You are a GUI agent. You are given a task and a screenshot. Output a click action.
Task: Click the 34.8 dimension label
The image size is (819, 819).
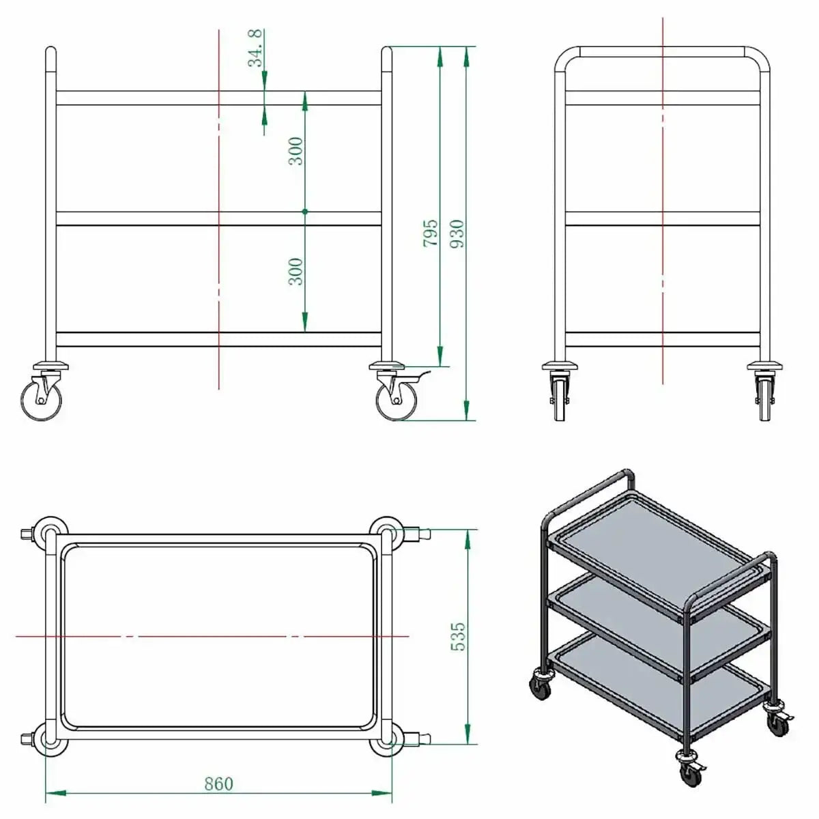(255, 48)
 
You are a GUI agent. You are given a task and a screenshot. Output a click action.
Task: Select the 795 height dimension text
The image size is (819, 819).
(431, 233)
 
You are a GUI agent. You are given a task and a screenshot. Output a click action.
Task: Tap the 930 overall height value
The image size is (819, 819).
(457, 233)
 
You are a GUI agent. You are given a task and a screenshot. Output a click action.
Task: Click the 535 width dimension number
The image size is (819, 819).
(458, 637)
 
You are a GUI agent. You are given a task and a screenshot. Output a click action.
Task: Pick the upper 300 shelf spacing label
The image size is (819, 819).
(296, 151)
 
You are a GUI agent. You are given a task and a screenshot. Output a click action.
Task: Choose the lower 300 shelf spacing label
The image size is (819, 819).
(296, 272)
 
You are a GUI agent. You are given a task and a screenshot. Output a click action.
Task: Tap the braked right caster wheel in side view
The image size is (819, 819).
(396, 400)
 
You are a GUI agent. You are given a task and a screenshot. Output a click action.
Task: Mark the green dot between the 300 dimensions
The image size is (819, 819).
(304, 211)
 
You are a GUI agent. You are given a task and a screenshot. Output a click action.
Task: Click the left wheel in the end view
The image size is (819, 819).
(560, 399)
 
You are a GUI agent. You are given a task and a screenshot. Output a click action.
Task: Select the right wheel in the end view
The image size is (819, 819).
(765, 399)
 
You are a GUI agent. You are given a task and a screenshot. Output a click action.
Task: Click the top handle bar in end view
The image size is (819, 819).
(662, 51)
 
